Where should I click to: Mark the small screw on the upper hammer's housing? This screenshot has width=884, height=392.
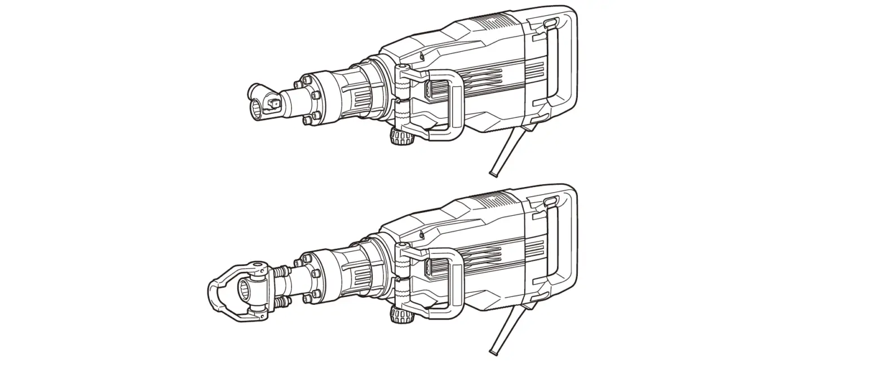[421, 55]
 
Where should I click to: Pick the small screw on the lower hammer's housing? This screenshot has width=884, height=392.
[421, 233]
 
